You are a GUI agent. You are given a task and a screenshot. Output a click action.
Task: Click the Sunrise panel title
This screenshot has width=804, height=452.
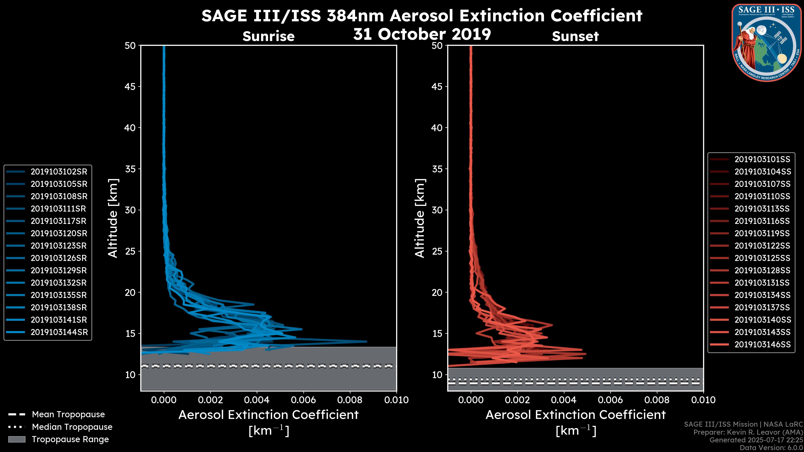point(268,36)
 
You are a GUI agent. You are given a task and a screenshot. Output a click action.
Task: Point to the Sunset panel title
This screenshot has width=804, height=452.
point(575,36)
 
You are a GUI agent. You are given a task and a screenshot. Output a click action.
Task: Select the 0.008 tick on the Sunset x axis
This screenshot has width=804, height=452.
point(657,400)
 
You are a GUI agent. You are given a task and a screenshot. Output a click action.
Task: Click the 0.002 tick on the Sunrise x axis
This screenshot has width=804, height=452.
point(210,400)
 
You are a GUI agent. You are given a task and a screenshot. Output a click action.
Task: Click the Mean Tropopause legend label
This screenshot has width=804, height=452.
point(68,415)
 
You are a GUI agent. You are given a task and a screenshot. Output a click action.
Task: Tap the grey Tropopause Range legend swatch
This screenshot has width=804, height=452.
point(17,439)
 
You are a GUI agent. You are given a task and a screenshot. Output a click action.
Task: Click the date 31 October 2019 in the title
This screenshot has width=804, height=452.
point(422,34)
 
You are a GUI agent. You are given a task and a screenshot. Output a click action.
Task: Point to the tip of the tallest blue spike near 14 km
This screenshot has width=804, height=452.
point(366,341)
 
